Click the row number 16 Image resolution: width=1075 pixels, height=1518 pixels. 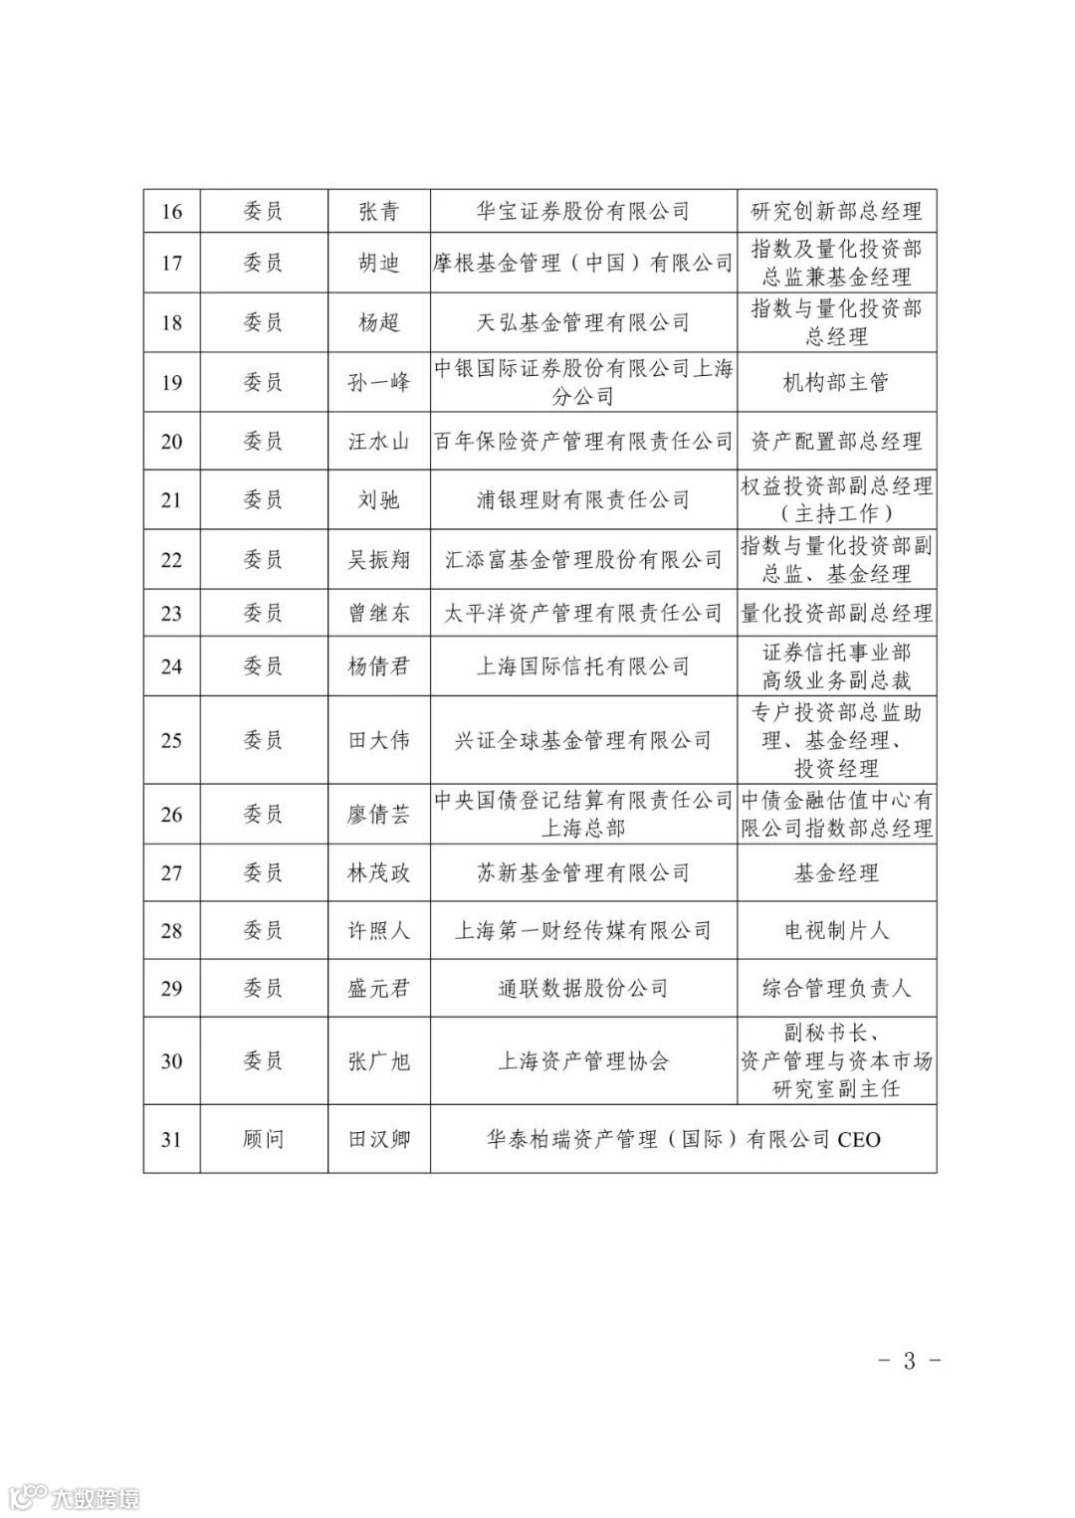click(171, 211)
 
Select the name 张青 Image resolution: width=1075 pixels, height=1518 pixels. click(378, 211)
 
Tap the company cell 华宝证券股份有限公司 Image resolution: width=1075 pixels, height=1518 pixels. click(583, 211)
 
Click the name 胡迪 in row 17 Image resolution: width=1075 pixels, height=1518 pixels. click(378, 263)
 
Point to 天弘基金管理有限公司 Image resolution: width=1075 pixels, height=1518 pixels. click(583, 322)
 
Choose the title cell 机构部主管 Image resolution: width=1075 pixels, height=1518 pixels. click(836, 382)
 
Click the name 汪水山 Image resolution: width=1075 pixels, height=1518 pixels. click(378, 441)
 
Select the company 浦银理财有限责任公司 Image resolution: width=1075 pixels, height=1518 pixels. click(583, 499)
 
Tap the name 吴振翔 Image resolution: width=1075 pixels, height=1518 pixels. click(378, 559)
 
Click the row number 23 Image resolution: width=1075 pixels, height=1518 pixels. click(171, 613)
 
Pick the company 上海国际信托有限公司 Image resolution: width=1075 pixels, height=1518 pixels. click(583, 666)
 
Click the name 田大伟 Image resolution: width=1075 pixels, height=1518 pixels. click(378, 740)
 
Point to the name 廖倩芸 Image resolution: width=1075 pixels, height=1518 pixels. click(378, 814)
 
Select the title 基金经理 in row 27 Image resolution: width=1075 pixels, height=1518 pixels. click(836, 872)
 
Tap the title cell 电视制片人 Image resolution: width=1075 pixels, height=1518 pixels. click(836, 930)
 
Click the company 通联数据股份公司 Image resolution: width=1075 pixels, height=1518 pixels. click(583, 988)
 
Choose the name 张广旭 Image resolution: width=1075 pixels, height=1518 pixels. click(378, 1060)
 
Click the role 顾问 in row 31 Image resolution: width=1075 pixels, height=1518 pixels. click(263, 1138)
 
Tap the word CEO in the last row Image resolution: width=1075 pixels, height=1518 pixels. click(859, 1139)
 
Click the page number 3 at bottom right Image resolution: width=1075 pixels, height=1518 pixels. click(909, 1361)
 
